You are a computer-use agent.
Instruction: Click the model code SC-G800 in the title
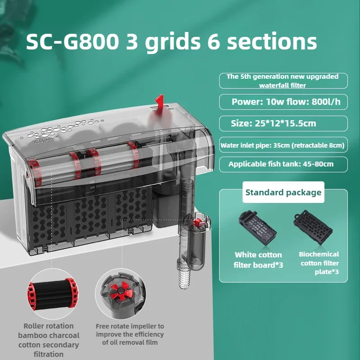72,41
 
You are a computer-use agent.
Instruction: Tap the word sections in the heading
272,41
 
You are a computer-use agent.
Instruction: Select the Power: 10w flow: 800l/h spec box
283,102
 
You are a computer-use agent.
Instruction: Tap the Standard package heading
283,193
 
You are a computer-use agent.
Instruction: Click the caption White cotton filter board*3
258,260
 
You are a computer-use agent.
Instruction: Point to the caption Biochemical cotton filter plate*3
319,263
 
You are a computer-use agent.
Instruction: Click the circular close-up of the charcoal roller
52,294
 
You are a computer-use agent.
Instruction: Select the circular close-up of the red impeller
121,294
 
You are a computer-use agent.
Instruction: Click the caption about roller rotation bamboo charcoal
49,340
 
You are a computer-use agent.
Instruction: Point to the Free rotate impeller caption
130,334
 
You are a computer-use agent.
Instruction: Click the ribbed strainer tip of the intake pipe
184,277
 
